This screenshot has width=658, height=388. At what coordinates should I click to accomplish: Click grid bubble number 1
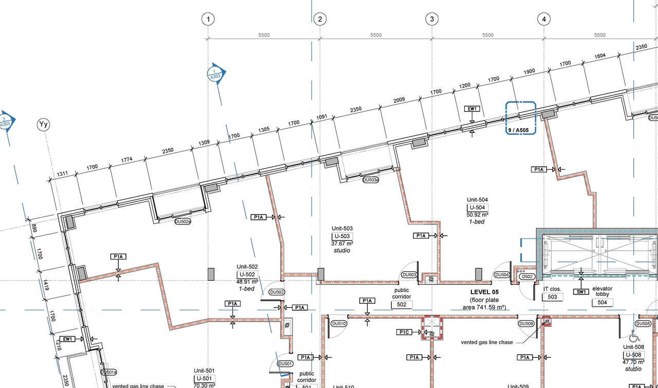pyautogui.click(x=208, y=20)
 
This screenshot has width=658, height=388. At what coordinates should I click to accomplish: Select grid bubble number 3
pyautogui.click(x=432, y=20)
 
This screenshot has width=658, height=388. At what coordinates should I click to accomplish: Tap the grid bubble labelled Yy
pyautogui.click(x=43, y=124)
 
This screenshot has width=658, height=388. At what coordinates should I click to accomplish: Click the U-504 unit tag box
pyautogui.click(x=477, y=207)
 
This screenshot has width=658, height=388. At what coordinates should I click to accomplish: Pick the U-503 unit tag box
pyautogui.click(x=342, y=236)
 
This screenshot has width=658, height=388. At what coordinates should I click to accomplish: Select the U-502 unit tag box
pyautogui.click(x=247, y=274)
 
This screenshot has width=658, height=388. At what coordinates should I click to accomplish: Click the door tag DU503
pyautogui.click(x=409, y=275)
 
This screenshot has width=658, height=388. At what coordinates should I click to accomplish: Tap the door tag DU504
pyautogui.click(x=502, y=275)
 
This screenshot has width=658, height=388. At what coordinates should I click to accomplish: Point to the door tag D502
pyautogui.click(x=527, y=276)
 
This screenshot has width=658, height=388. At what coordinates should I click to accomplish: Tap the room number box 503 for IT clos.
pyautogui.click(x=552, y=297)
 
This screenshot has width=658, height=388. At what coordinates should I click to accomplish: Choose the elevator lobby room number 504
pyautogui.click(x=602, y=302)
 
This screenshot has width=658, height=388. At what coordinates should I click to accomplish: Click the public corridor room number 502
pyautogui.click(x=401, y=305)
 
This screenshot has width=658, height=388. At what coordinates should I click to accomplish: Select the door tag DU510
pyautogui.click(x=339, y=324)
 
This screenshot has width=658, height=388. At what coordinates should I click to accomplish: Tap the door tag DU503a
pyautogui.click(x=370, y=180)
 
